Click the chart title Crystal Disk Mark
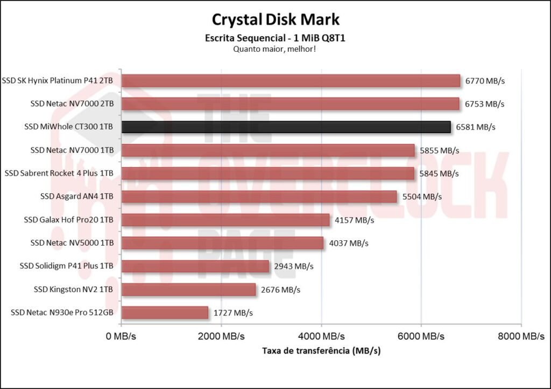275,19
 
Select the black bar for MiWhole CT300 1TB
286,127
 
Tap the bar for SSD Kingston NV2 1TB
188,290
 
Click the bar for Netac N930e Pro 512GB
165,312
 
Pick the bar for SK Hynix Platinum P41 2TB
291,81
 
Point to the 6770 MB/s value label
486,81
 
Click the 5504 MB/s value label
422,197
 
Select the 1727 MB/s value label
233,312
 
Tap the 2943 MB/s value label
294,266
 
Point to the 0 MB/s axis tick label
122,336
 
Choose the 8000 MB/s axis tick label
521,336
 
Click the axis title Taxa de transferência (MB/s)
321,351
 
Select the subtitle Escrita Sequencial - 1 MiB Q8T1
275,38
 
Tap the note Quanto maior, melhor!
275,49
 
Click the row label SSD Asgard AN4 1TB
77,197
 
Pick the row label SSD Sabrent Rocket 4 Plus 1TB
59,173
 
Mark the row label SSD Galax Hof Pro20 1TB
69,220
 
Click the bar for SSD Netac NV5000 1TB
222,243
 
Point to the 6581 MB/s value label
476,127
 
